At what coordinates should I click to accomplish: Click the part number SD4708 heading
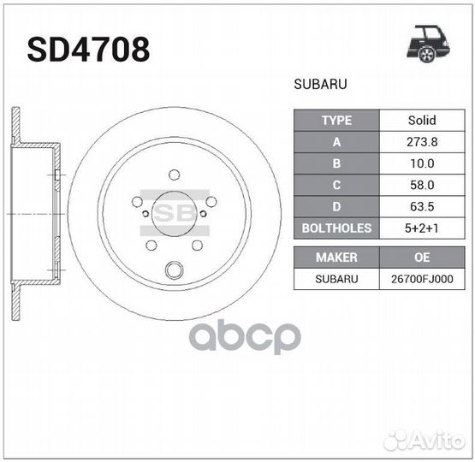point(88,49)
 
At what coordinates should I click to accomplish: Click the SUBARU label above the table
point(320,86)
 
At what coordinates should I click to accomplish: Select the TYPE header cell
point(336,121)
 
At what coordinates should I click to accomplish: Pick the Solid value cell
point(421,121)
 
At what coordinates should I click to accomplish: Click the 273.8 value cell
point(421,142)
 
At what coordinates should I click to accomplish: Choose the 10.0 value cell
point(421,163)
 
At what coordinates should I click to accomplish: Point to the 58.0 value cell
point(421,185)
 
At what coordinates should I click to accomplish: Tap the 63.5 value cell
point(421,206)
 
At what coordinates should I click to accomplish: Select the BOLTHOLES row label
point(336,228)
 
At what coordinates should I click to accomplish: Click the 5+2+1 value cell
point(421,228)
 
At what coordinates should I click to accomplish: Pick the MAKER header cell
point(336,257)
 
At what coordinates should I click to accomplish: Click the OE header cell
point(421,257)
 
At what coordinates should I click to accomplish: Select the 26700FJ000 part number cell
point(421,279)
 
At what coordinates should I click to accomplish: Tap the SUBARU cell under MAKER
point(336,279)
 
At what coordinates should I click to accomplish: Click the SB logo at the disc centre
point(174,212)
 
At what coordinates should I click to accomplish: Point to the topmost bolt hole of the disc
point(174,175)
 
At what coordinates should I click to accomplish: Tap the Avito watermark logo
point(423,440)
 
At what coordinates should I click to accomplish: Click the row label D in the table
point(336,206)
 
